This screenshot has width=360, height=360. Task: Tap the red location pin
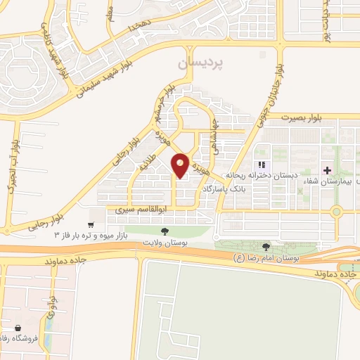pyautogui.click(x=180, y=165)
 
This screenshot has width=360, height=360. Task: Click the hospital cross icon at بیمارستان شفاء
pyautogui.click(x=328, y=170)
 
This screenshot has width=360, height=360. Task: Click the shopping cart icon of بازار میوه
pyautogui.click(x=91, y=225)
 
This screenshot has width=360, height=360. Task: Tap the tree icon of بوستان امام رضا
pyautogui.click(x=266, y=246)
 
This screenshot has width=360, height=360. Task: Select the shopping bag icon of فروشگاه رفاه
pyautogui.click(x=17, y=328)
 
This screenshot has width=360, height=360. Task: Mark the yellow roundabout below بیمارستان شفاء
pyautogui.click(x=336, y=211)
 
